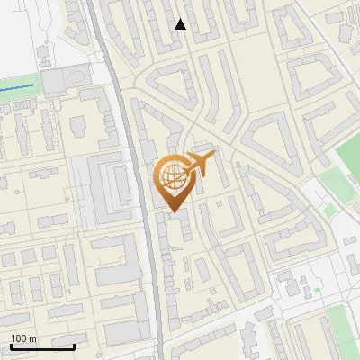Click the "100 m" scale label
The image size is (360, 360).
[23, 337]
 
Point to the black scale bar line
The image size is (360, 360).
[42, 346]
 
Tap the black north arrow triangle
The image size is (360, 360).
[181, 24]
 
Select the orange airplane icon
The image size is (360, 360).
[202, 165]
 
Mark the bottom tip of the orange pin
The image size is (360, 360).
[171, 211]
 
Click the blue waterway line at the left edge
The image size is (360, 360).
[18, 87]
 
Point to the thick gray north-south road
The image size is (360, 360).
[144, 225]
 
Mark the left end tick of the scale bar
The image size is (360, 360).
[11, 345]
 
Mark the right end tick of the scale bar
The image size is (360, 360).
[74, 345]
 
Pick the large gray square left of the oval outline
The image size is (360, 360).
[54, 84]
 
